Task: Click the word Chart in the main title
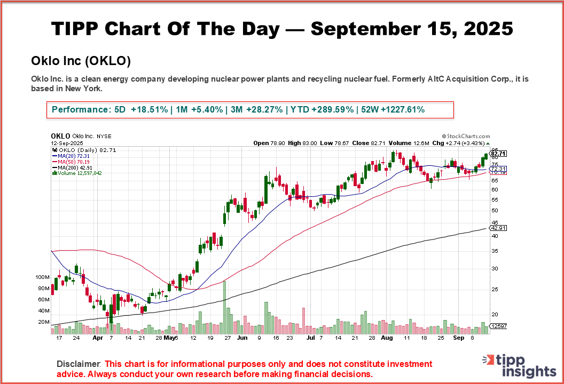point(132,28)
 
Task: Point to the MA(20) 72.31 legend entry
point(71,156)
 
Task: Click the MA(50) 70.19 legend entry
point(71,162)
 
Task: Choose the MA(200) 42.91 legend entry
point(73,167)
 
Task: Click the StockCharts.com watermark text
point(466,137)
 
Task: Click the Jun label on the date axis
point(242,338)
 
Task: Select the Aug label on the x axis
point(388,338)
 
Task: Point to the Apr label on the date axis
point(98,338)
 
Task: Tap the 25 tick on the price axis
point(495,290)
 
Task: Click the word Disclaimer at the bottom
point(79,364)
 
